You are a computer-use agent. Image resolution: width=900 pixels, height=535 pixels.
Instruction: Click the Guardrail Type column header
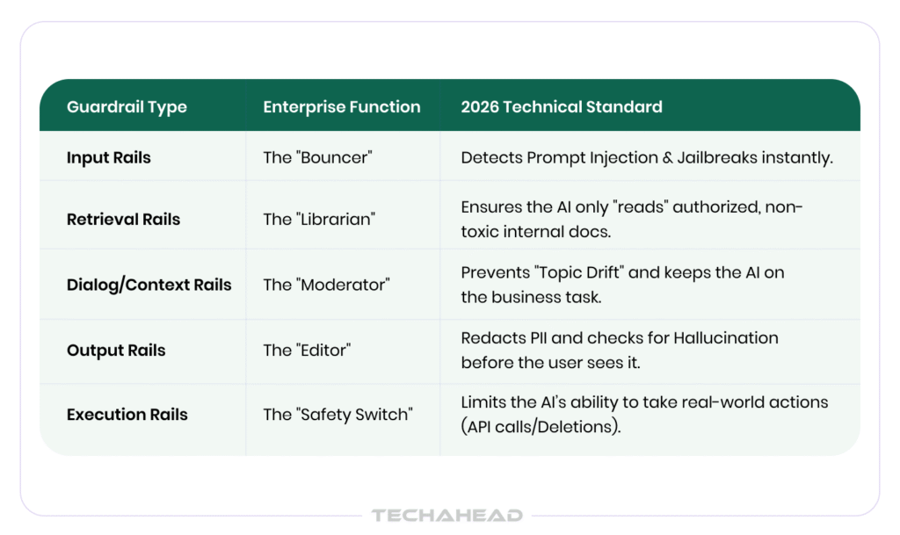coord(127,107)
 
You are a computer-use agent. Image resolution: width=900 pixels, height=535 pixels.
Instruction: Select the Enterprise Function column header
coord(342,106)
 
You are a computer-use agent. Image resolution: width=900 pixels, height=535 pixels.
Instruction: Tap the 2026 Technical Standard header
coord(562,106)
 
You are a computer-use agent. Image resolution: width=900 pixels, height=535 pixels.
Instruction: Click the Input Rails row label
coord(108,158)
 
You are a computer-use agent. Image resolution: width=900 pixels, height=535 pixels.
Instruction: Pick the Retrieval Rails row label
coord(123,219)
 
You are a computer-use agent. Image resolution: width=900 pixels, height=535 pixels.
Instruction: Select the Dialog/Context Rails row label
coord(149,285)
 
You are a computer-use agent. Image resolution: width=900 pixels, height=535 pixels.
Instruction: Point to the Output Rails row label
coord(116,351)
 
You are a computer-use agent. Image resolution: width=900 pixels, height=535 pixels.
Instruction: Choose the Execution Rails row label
coord(127,415)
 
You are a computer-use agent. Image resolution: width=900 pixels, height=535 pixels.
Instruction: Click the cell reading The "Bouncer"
coord(317,158)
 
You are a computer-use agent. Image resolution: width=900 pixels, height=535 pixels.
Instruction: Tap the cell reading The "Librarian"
coord(319,219)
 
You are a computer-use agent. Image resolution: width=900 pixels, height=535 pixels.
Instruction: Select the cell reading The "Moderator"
coord(326,285)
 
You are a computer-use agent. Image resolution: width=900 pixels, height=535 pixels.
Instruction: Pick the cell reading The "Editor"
coord(307,350)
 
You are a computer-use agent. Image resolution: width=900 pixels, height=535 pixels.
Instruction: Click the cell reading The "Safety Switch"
coord(337,414)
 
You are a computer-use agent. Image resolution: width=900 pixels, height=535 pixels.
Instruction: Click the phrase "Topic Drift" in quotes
coord(578,272)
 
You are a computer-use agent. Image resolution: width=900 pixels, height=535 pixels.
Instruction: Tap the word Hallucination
coord(725,337)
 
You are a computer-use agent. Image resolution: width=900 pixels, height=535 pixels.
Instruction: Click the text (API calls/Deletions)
coord(541,427)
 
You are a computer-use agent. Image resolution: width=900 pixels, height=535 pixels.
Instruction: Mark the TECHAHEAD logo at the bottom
coord(447,516)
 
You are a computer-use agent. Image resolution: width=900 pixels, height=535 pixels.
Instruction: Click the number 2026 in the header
coord(480,106)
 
